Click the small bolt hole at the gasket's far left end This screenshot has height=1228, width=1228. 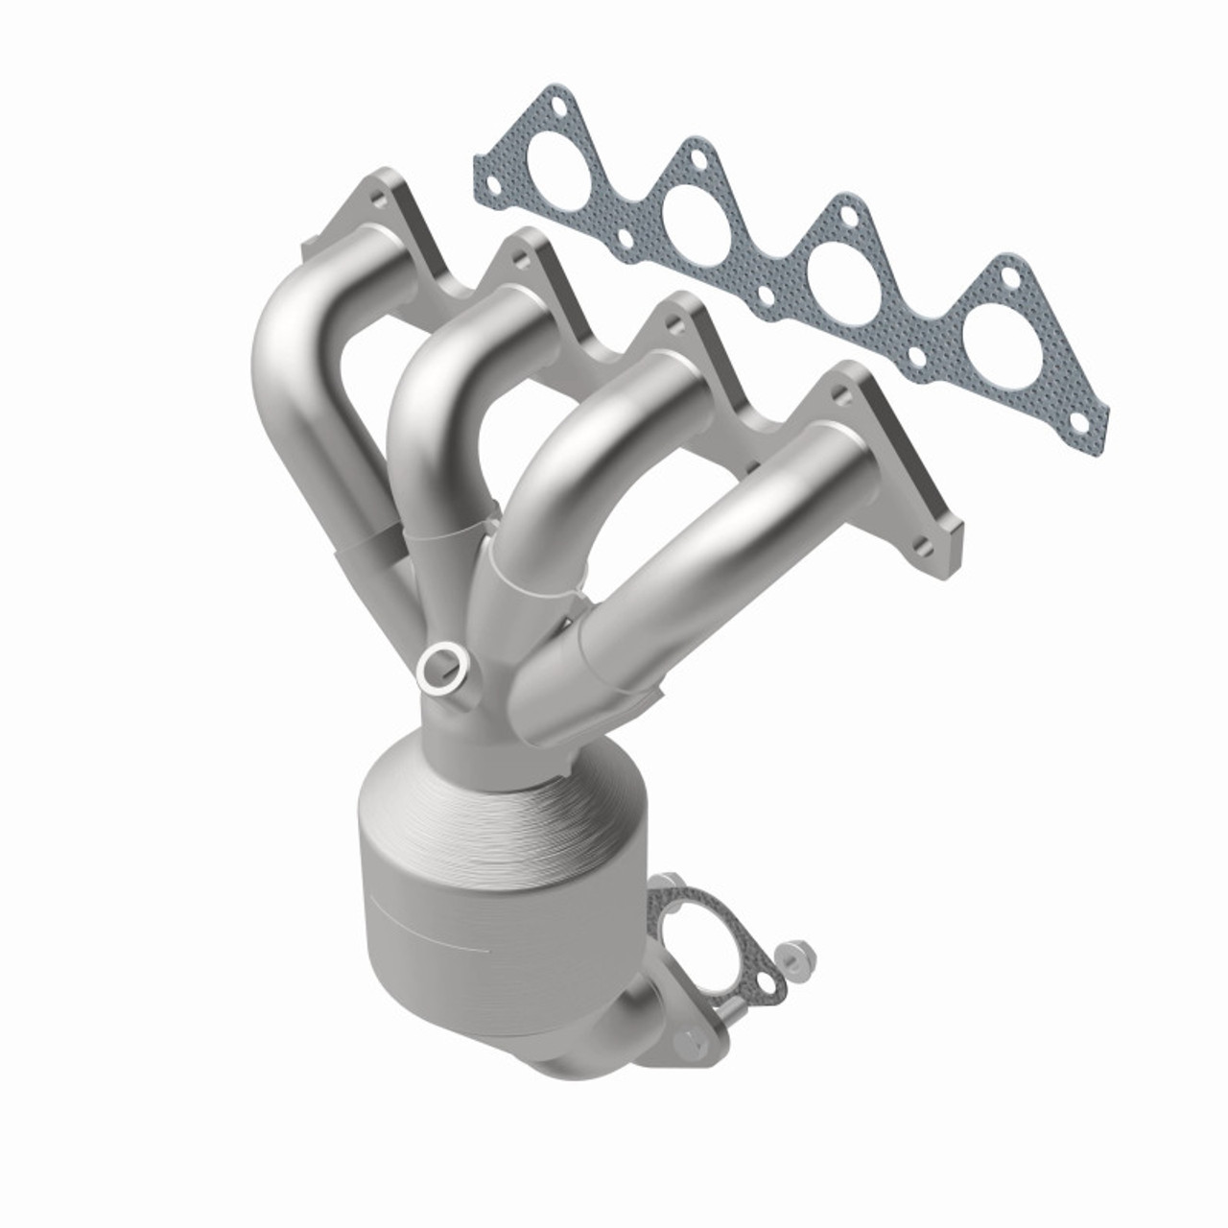492,180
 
